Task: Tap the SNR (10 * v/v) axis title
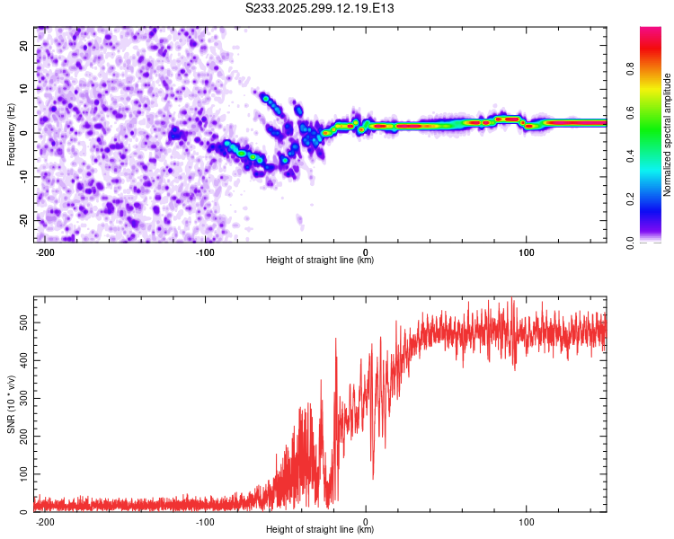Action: (x=11, y=404)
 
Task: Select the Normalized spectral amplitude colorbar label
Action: (x=668, y=135)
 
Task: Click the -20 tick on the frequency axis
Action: (x=22, y=220)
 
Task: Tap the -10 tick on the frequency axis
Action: (x=22, y=176)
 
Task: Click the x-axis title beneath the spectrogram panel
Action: (x=320, y=261)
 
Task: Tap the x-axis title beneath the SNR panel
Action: (x=320, y=530)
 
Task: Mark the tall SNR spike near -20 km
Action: (x=336, y=340)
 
